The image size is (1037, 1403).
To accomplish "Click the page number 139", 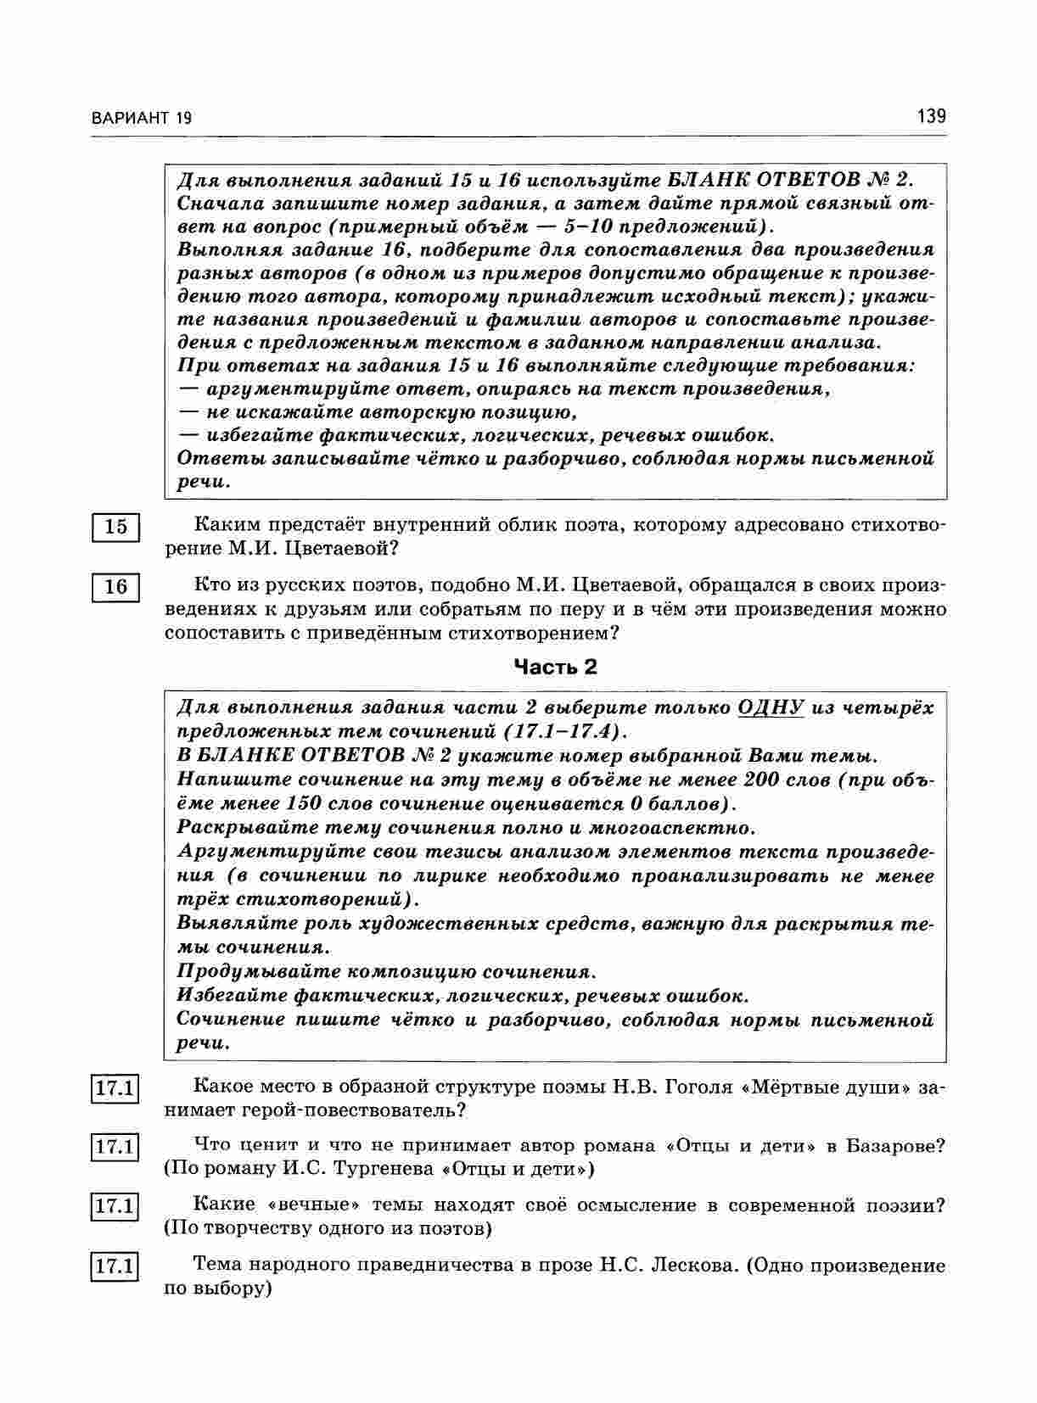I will [931, 116].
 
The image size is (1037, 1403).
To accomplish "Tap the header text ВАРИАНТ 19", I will [141, 118].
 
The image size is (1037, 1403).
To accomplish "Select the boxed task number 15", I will [115, 527].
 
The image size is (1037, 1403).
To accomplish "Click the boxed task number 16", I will [115, 587].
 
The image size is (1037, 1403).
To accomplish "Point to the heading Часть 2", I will [556, 667].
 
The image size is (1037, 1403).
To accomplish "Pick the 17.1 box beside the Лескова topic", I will [115, 1267].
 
